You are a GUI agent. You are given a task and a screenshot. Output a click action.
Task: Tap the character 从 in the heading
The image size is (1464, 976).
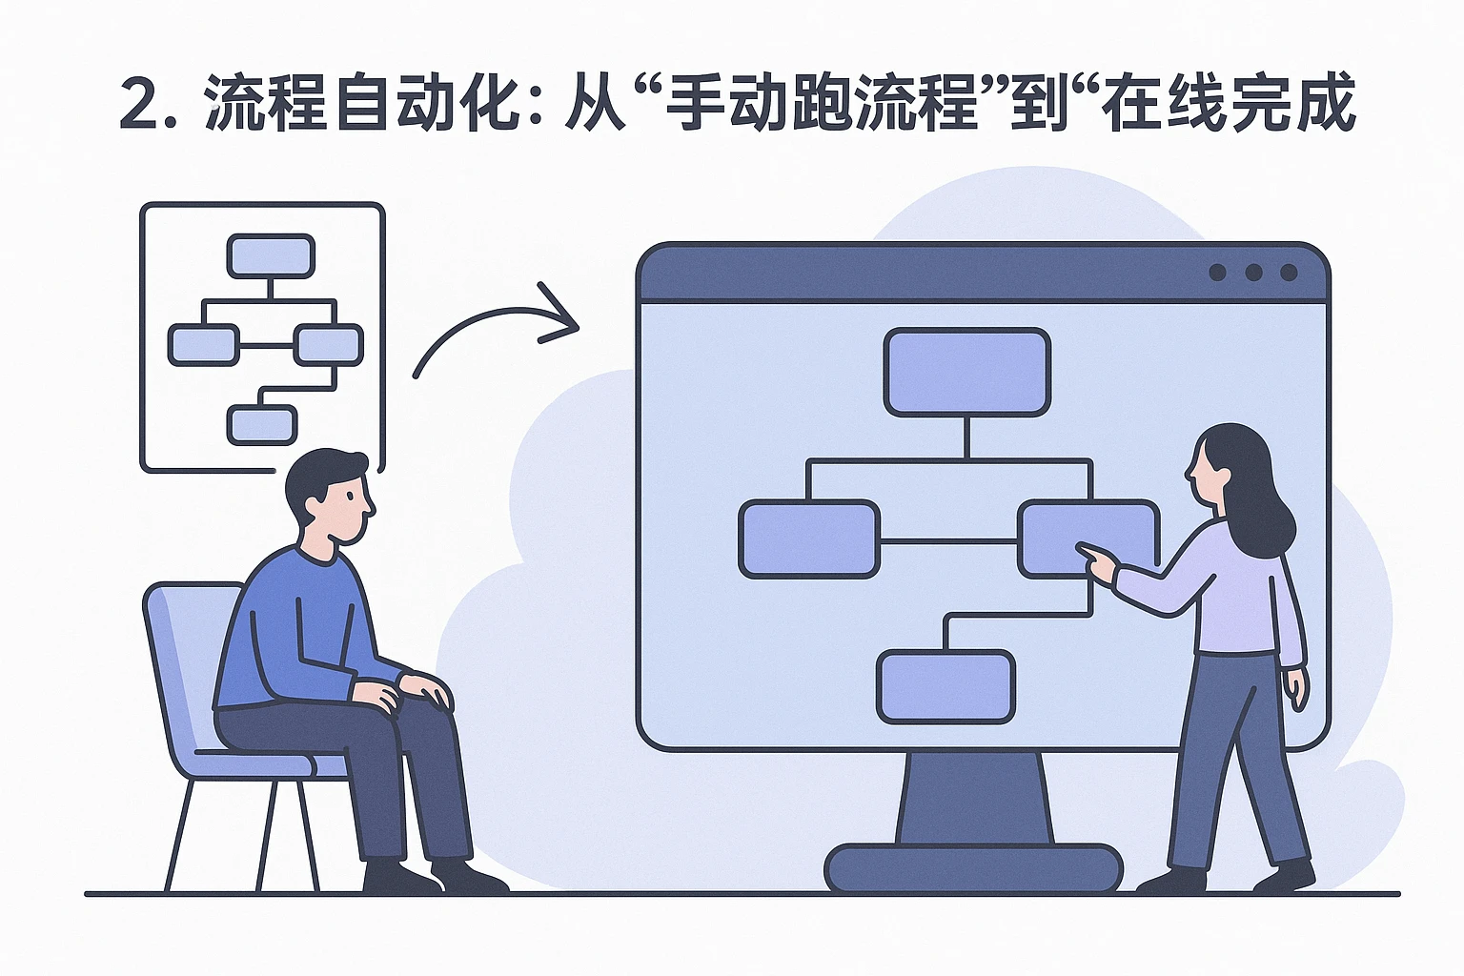coord(594,103)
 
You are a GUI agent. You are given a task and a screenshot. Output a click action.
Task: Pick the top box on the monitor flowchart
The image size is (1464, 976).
coord(966,372)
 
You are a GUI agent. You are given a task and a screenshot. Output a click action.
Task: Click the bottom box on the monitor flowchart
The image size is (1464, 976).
coord(945,686)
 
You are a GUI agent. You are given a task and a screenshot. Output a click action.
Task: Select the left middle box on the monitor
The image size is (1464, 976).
coord(809,539)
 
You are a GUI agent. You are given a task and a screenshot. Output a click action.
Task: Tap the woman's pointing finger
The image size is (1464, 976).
coord(1087,551)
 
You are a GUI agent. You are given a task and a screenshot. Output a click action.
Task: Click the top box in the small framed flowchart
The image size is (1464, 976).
coord(271,255)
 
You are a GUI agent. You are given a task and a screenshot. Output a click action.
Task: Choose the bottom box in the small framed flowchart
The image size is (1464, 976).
coord(262,424)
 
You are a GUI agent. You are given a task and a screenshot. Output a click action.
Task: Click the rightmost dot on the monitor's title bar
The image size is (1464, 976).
coord(1289,273)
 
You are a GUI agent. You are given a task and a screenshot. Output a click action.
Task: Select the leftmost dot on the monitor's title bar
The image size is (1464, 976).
coord(1217,273)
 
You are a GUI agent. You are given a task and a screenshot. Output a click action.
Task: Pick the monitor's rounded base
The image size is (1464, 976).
coord(973,867)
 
